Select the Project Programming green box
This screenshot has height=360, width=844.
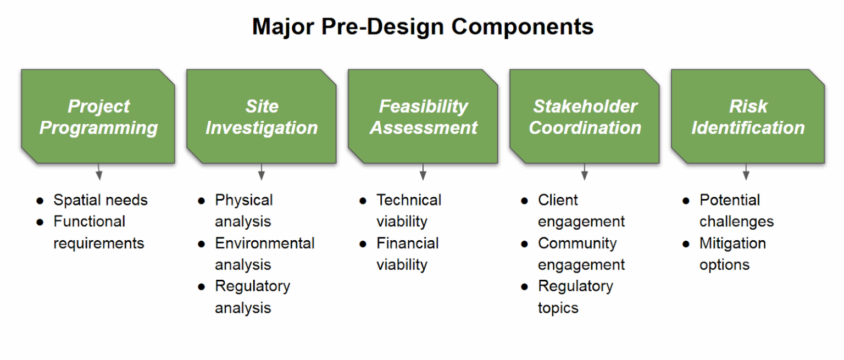tap(98, 117)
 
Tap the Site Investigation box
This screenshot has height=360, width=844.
tap(261, 117)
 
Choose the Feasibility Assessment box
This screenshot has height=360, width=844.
tap(423, 117)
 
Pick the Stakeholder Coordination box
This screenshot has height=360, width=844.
tap(585, 117)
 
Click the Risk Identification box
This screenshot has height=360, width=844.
tap(747, 117)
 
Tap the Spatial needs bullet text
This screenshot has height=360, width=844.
tap(100, 200)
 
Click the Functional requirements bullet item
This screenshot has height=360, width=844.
tap(98, 232)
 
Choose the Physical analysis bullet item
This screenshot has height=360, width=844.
tap(243, 211)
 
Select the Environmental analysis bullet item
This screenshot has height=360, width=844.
tap(264, 253)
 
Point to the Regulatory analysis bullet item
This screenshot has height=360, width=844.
tap(252, 296)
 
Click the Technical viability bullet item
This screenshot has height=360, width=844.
tap(408, 211)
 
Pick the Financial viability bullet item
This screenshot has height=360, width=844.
tap(407, 253)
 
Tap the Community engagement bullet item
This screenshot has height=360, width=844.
tap(581, 253)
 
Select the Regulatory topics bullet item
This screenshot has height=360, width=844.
tap(575, 296)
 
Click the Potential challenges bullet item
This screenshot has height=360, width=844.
tap(736, 211)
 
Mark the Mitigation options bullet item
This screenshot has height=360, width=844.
tap(732, 253)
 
